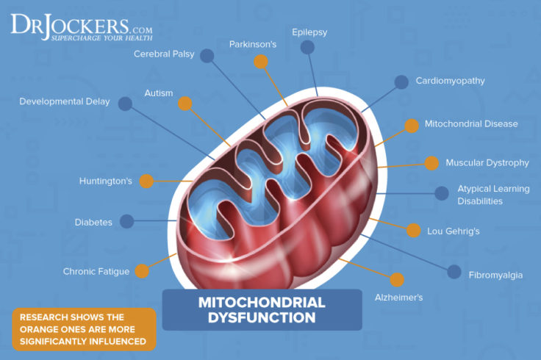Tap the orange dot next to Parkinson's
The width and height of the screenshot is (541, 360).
260,62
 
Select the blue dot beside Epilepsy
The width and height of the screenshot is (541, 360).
307,48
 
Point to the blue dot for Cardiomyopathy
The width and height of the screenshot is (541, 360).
401,82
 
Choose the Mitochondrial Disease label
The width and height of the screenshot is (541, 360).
471,123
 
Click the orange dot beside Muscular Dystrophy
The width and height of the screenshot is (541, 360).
432,163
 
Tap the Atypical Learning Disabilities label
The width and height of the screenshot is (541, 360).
493,195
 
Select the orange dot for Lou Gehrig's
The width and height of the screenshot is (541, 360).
414,231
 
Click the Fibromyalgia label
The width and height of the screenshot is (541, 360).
496,275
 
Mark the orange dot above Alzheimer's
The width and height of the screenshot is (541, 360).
397,280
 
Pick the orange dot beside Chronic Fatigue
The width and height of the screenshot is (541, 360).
142,271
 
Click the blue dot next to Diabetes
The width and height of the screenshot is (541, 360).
126,221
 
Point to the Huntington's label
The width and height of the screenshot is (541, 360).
106,181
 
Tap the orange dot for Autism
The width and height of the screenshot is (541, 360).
185,104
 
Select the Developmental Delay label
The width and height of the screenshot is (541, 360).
65,101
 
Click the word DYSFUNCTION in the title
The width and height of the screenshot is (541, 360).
262,318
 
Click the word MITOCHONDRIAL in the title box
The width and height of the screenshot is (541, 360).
262,302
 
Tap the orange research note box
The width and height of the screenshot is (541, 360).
84,329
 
